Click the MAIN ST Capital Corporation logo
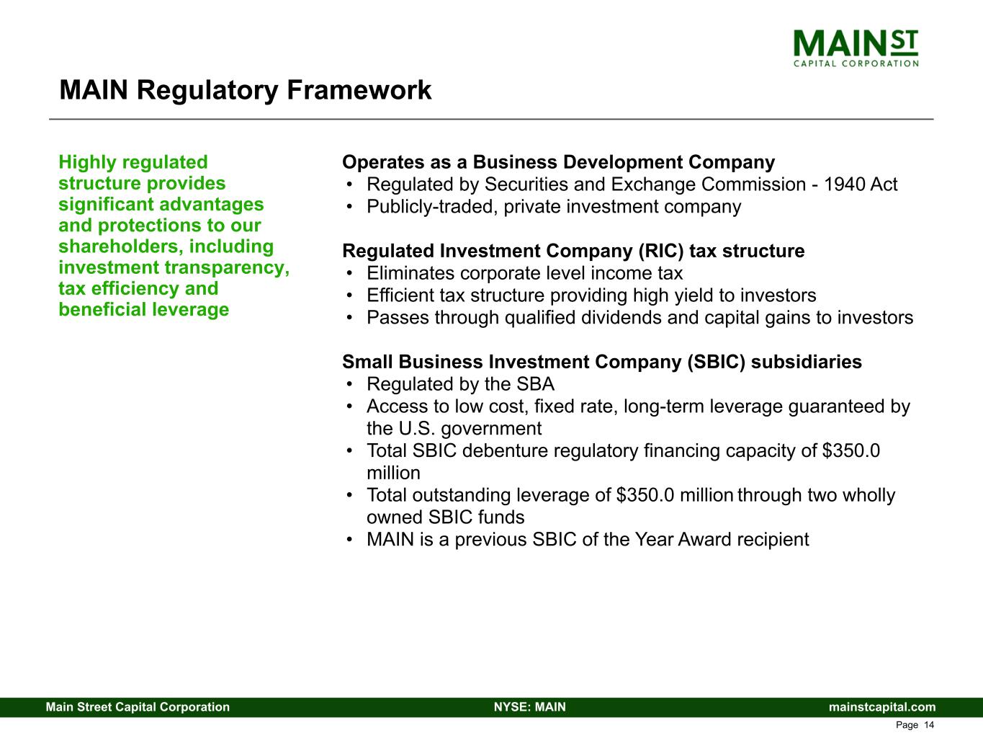tap(856, 48)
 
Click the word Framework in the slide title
tap(359, 90)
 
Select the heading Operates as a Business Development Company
tap(558, 162)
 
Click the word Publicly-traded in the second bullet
tap(432, 207)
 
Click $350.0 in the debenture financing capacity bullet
tap(851, 450)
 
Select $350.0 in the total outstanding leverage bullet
tap(645, 495)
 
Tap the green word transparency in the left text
tap(228, 268)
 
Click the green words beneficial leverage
tap(144, 310)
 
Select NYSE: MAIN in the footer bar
tap(530, 707)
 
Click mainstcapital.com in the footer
tap(881, 707)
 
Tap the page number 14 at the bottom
tap(929, 725)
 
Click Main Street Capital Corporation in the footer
tap(138, 707)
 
